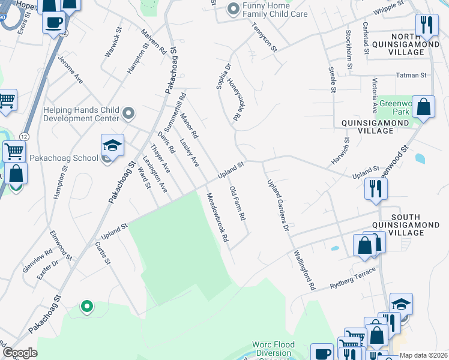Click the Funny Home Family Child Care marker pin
tap(233, 9)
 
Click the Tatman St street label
tap(411, 75)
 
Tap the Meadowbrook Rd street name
tap(217, 217)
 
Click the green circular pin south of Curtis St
tap(86, 307)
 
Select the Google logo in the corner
tap(20, 353)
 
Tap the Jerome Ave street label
tap(70, 70)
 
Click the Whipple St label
tap(388, 8)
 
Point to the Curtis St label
tap(103, 253)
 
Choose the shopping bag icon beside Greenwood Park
tap(423, 107)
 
